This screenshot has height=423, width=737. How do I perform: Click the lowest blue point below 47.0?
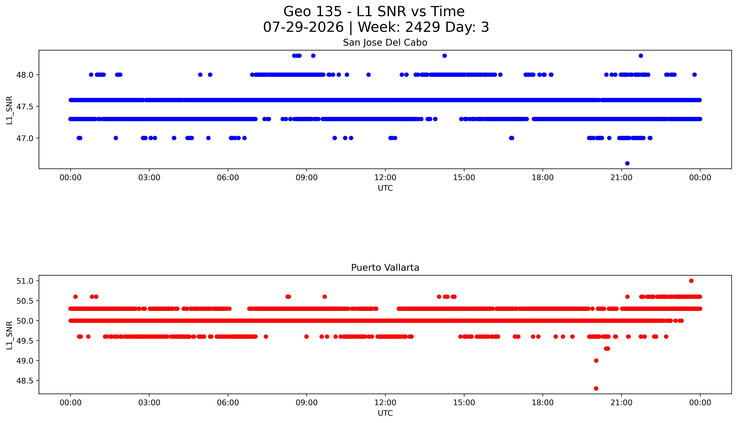pyautogui.click(x=627, y=163)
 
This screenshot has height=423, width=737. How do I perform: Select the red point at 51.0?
pyautogui.click(x=691, y=281)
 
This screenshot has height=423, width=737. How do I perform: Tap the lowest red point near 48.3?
pyautogui.click(x=596, y=388)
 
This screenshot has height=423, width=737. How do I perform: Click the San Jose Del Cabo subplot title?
pyautogui.click(x=385, y=43)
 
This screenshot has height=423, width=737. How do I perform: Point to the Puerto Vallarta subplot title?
pyautogui.click(x=385, y=268)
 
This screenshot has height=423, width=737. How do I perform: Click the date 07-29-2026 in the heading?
pyautogui.click(x=303, y=27)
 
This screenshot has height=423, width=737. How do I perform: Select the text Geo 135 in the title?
pyautogui.click(x=312, y=12)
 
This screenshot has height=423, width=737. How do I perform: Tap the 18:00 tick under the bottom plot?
pyautogui.click(x=543, y=403)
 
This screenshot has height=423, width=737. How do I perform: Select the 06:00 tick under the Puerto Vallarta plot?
pyautogui.click(x=228, y=403)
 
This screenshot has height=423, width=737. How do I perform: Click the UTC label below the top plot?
pyautogui.click(x=385, y=188)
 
